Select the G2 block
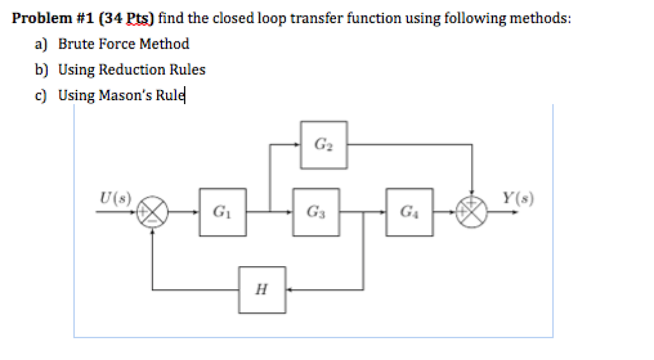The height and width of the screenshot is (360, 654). click(324, 145)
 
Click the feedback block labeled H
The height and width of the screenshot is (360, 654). click(262, 290)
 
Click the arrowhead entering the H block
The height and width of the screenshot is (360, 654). click(289, 290)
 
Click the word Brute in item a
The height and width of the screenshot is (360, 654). click(76, 44)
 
